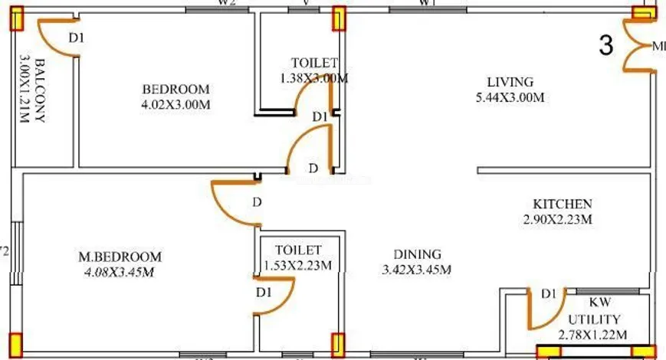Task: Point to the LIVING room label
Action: pos(510,82)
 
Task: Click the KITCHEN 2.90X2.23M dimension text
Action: pos(562,219)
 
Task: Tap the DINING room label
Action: pos(418,254)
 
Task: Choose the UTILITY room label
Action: pos(595,319)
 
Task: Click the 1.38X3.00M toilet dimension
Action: pos(314,78)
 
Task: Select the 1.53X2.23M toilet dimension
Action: pos(297,265)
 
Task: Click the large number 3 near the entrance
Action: pos(606,46)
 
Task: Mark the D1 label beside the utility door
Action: pos(549,294)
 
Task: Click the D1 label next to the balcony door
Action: pos(77,37)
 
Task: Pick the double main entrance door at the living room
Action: pos(638,46)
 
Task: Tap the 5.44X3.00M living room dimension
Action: pos(510,97)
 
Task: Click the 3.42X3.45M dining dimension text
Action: pos(418,270)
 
